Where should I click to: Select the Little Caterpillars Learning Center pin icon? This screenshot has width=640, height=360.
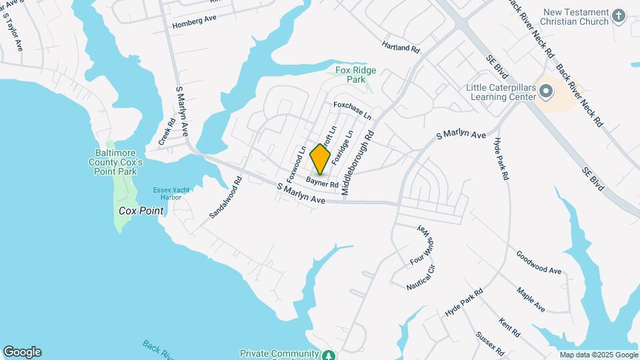(547, 91)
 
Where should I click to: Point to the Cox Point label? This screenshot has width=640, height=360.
(141, 211)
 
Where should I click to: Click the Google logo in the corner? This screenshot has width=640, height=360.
(22, 352)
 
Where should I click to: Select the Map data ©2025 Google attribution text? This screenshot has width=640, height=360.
(598, 355)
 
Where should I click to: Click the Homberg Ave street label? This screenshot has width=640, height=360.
(195, 22)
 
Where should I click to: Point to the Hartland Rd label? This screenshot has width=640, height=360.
(401, 47)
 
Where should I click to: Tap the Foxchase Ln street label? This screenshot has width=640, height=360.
(352, 110)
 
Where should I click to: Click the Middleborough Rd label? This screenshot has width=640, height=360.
(358, 163)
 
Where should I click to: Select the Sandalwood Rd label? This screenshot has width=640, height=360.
(224, 198)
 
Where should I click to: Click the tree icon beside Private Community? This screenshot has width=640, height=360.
(328, 355)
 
